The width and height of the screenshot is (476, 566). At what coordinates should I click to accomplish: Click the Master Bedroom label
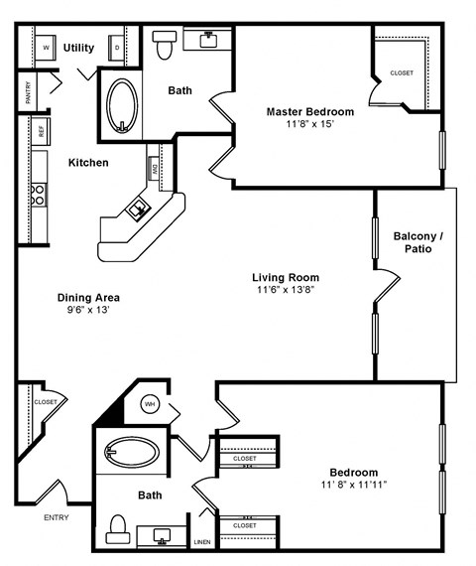[x=309, y=111]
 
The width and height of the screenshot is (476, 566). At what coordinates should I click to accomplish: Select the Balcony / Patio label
[x=417, y=242]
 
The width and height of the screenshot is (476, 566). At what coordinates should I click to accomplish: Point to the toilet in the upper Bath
[x=164, y=44]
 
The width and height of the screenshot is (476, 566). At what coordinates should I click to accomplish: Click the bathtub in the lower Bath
[x=132, y=453]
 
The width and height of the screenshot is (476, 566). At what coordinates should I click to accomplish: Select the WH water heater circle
[x=151, y=404]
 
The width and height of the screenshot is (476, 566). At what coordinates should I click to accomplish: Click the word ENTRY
[x=57, y=517]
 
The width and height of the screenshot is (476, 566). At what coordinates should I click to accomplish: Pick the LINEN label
[x=202, y=542]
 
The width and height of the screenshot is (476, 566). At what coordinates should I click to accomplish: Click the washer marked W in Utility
[x=47, y=48]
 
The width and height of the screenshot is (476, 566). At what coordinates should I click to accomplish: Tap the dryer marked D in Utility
[x=117, y=48]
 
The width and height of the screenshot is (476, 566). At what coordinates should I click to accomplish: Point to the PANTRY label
[x=27, y=92]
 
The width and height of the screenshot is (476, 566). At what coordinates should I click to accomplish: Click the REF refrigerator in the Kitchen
[x=41, y=130]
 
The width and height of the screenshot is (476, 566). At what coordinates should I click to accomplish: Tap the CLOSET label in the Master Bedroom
[x=402, y=72]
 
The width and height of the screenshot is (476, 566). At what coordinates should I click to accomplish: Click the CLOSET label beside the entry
[x=45, y=402]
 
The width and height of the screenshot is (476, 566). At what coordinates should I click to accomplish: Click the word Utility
[x=79, y=47]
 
